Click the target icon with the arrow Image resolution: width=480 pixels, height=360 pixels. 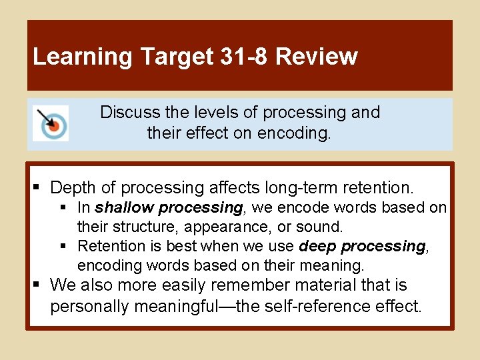click(51, 123)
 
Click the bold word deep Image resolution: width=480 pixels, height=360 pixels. click(318, 246)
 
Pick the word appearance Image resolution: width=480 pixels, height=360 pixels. click(228, 227)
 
